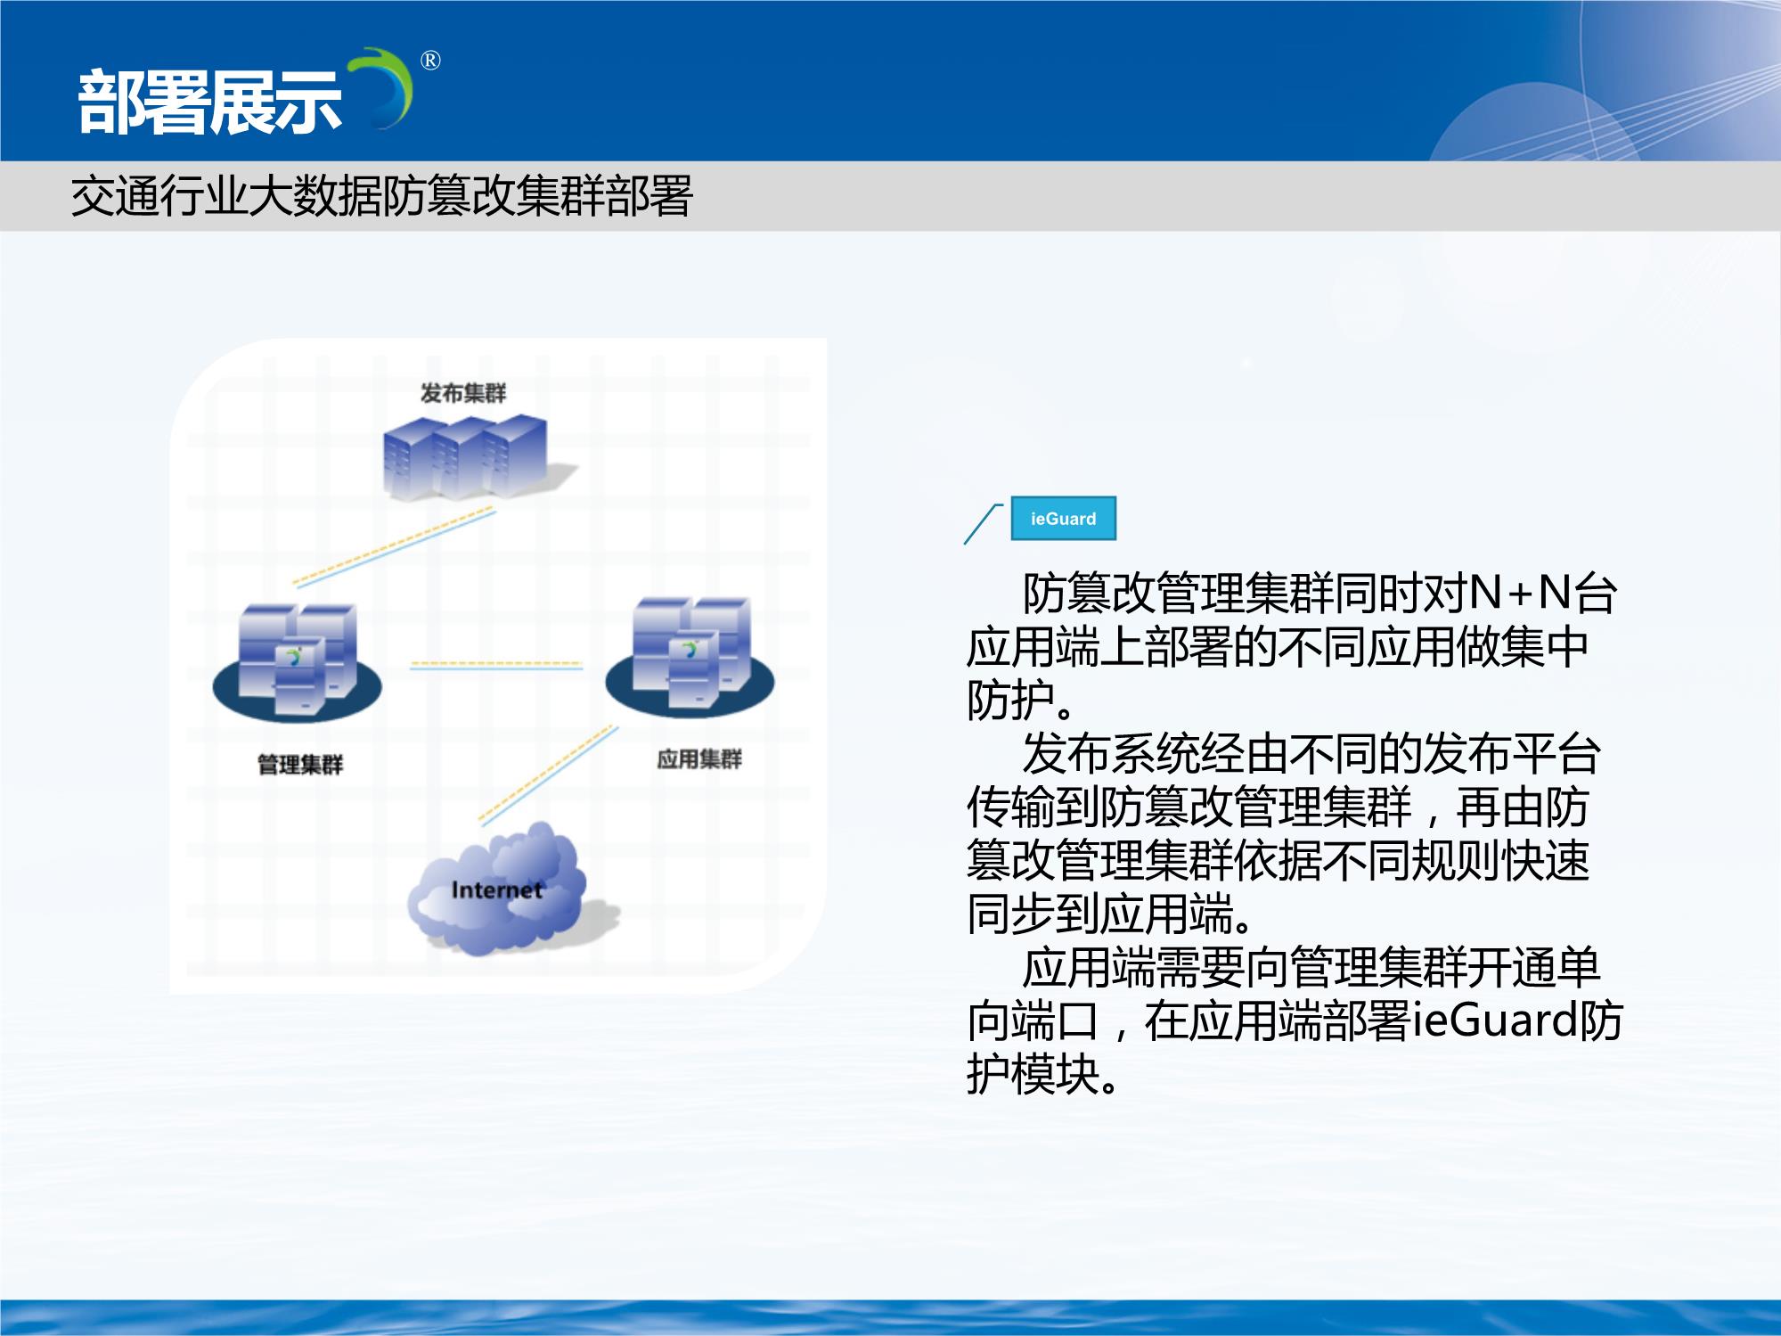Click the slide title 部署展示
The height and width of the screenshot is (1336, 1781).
[x=210, y=102]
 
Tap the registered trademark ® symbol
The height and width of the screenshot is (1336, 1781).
[x=430, y=61]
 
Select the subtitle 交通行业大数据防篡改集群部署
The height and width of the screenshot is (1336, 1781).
[x=381, y=196]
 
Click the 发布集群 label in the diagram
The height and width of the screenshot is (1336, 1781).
[x=463, y=393]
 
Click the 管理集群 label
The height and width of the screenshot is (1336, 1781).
[x=300, y=764]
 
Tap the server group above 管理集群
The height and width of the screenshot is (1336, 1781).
[x=297, y=660]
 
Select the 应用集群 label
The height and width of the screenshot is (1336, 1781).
[x=699, y=758]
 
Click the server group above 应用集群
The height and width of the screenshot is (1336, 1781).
[x=690, y=656]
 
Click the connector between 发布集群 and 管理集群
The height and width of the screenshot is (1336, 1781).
[x=394, y=546]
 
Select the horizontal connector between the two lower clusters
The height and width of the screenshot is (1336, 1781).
[x=495, y=665]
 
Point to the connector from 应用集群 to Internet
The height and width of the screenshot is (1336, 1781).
[x=548, y=775]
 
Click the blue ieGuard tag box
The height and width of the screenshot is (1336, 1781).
[x=1063, y=519]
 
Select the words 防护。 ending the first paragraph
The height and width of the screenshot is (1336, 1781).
[x=1022, y=701]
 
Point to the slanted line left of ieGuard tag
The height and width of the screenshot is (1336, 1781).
[x=984, y=523]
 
